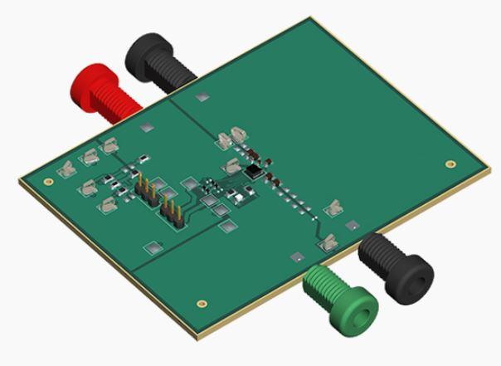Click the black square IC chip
(x=251, y=171)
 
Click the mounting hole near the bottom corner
(x=200, y=304)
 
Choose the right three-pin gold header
(x=171, y=211)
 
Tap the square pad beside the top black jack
(x=201, y=98)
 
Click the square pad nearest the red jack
(x=147, y=127)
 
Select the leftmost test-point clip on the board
(x=64, y=170)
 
